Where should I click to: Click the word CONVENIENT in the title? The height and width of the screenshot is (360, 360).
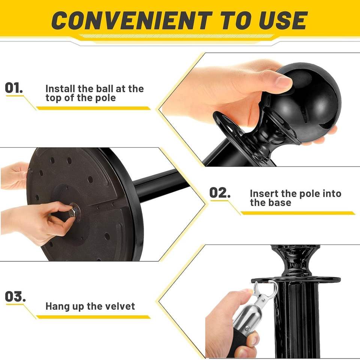(132, 20)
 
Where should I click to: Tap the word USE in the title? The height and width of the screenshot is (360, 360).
(283, 20)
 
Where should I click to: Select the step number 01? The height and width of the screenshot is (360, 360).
(14, 88)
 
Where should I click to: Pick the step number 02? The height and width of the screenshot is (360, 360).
(220, 193)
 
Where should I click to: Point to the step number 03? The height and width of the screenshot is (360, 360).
(15, 296)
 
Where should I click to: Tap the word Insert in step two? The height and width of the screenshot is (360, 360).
(264, 193)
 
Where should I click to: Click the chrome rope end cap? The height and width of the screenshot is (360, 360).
(247, 319)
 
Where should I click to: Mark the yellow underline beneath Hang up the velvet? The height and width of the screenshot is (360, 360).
(93, 317)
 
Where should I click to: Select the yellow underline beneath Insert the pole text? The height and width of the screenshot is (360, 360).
(297, 213)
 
